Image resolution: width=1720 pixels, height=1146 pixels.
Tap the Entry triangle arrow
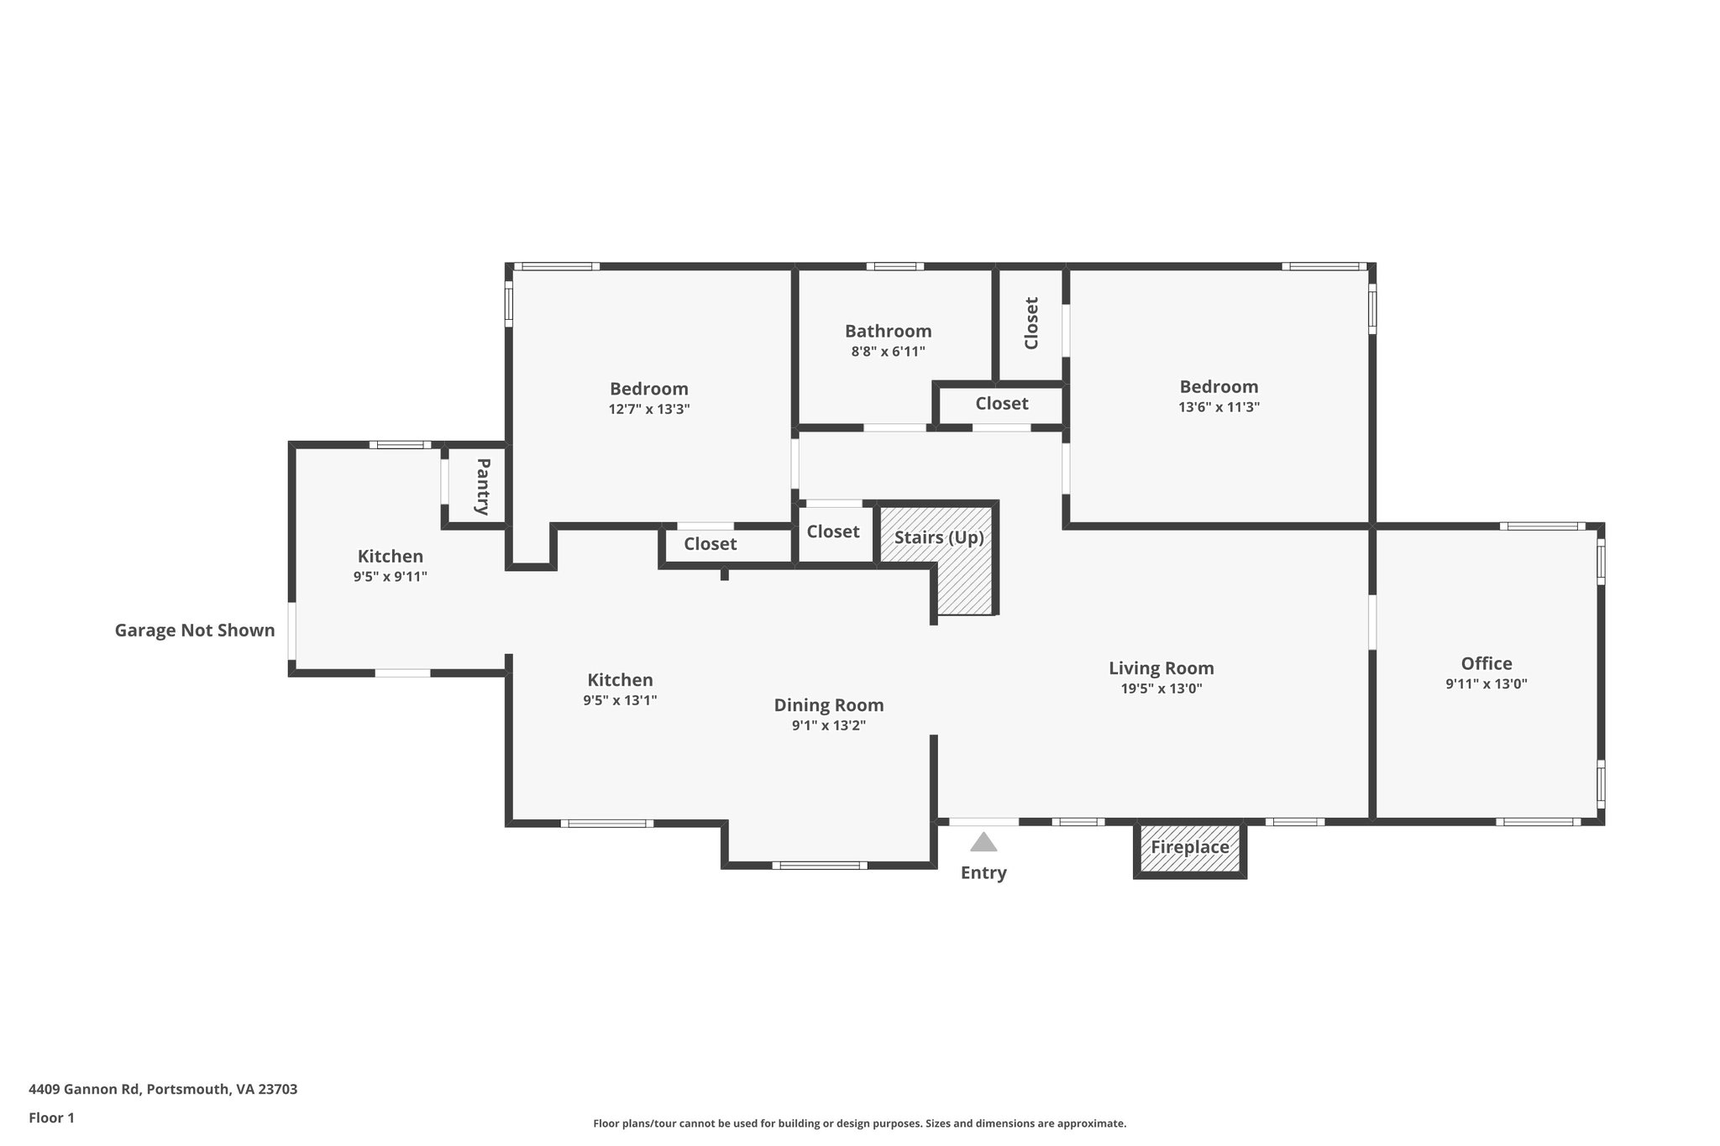point(983,842)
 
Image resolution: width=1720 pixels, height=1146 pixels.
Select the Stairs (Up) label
point(938,537)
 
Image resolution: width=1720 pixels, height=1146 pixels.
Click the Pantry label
point(482,486)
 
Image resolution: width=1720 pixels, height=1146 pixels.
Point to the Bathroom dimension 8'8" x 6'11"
point(888,352)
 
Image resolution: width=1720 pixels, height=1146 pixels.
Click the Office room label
point(1486,663)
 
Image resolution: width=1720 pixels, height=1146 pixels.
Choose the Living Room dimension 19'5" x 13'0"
point(1161,688)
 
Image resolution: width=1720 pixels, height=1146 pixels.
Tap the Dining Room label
point(828,705)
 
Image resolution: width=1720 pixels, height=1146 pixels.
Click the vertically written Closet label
point(1031,323)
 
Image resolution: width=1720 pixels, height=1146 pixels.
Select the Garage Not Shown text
point(195,631)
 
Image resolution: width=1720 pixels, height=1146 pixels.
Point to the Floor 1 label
point(51,1117)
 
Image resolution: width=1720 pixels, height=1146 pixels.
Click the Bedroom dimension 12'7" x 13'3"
point(648,410)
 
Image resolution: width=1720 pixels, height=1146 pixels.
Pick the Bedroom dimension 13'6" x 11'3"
point(1219,407)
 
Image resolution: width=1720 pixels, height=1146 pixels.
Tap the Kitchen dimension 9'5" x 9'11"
point(390,577)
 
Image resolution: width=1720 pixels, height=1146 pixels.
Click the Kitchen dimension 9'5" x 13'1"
point(620,700)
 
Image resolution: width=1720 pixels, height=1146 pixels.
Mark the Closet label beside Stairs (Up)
point(832,531)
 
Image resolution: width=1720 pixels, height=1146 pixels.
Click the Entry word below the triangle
point(983,873)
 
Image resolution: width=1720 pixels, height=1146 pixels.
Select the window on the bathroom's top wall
point(894,267)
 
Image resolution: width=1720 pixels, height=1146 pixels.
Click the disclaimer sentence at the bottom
point(859,1123)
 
